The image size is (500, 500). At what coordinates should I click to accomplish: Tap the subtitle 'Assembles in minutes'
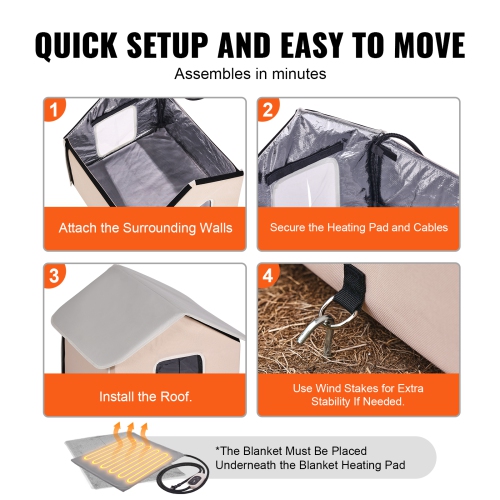point(249,74)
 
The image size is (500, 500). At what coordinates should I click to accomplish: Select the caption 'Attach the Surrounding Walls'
point(145,228)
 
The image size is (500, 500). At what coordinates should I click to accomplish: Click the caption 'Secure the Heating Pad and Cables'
point(358,228)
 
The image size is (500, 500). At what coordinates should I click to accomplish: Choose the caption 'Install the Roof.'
point(145,396)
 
